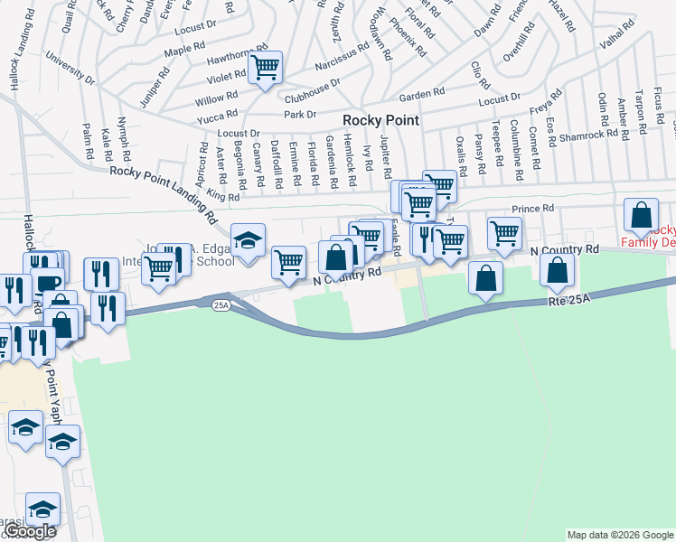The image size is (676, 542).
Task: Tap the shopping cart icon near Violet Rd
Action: pos(266,67)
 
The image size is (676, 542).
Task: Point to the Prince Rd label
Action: pos(531,209)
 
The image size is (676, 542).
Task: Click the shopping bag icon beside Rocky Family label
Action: pos(641,216)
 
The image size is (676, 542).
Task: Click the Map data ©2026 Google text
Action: pos(619,535)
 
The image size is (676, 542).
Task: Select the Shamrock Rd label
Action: pos(594,136)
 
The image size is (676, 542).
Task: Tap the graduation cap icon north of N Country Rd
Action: pos(248,241)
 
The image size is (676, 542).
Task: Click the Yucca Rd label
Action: pos(218,116)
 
